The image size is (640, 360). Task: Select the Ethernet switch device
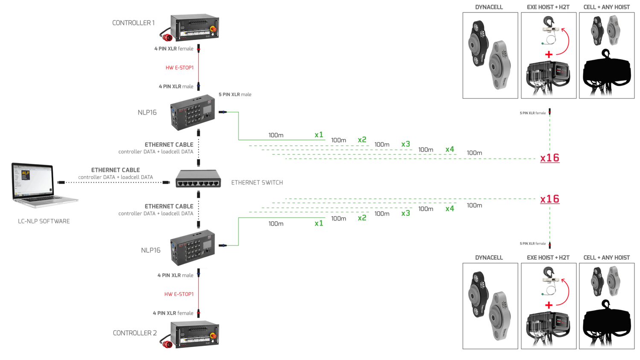198,179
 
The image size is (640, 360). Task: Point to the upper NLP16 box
192,112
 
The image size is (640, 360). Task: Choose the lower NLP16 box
192,247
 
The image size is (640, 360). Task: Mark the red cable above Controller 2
198,294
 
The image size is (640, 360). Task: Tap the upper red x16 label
549,158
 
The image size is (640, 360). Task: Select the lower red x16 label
549,199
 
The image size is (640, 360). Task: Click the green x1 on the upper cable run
319,135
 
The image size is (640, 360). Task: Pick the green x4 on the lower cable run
449,209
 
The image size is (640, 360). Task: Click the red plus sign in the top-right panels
549,55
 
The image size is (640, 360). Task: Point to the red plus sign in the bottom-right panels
549,305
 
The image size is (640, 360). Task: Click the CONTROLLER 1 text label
133,23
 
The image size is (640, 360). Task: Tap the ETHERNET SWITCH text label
257,183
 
